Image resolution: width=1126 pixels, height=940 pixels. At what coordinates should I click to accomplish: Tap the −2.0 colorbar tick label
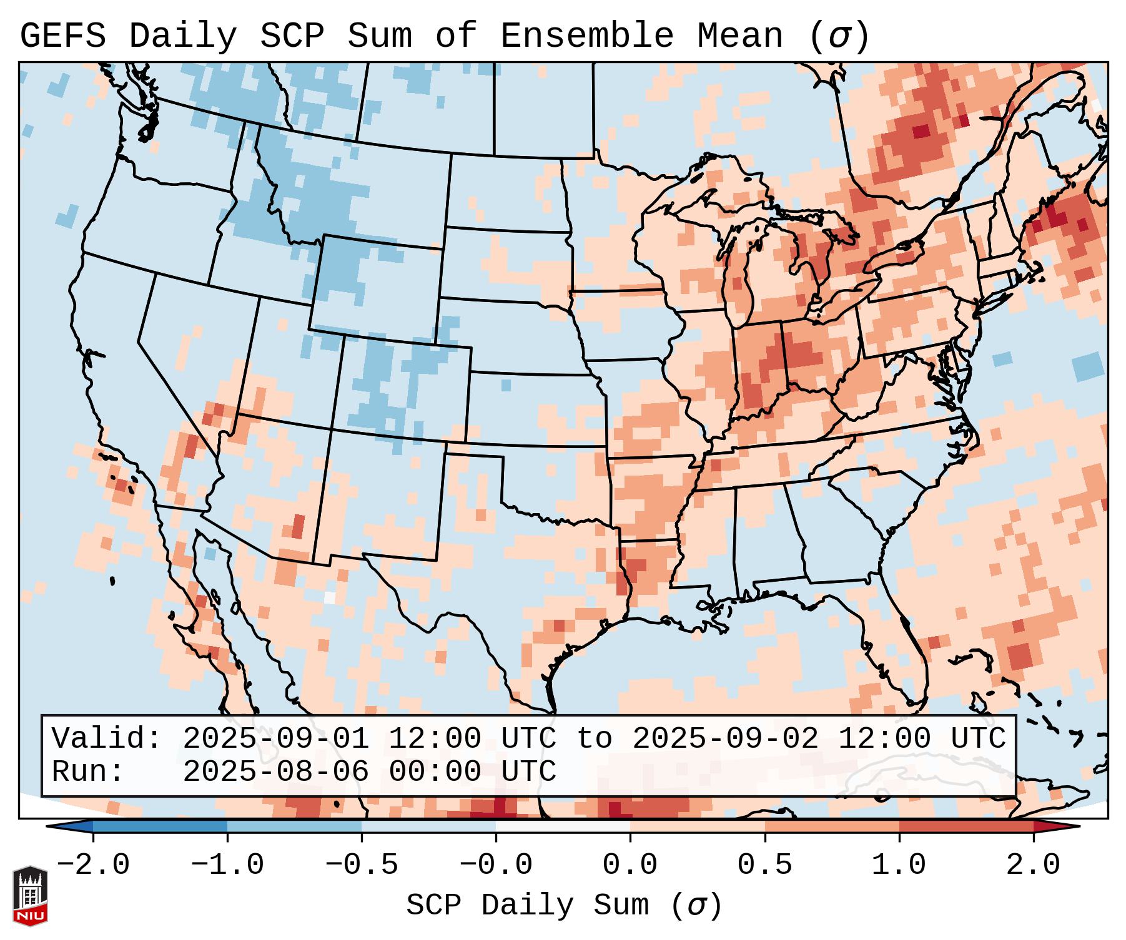pyautogui.click(x=93, y=865)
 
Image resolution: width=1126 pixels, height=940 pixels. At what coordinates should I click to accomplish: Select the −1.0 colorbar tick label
pyautogui.click(x=227, y=865)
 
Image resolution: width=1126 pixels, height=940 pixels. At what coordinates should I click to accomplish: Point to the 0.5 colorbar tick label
pyautogui.click(x=765, y=865)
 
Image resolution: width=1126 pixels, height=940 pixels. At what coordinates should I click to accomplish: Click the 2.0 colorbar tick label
pyautogui.click(x=1034, y=865)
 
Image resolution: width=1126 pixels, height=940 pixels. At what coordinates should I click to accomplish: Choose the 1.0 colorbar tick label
pyautogui.click(x=899, y=865)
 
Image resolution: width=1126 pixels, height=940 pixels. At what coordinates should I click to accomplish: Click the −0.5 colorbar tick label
pyautogui.click(x=362, y=865)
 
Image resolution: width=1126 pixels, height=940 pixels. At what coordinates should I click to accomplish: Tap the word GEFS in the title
pyautogui.click(x=62, y=36)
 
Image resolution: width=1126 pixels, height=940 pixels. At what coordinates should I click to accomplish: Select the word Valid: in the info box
pyautogui.click(x=107, y=738)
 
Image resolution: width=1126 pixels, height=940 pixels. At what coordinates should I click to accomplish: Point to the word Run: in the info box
pyautogui.click(x=88, y=771)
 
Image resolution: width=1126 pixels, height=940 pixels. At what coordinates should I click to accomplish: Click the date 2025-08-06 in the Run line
pyautogui.click(x=275, y=771)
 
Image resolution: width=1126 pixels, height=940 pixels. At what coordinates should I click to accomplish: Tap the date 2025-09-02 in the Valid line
pyautogui.click(x=725, y=738)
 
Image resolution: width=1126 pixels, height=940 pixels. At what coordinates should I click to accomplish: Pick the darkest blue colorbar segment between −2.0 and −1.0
pyautogui.click(x=160, y=827)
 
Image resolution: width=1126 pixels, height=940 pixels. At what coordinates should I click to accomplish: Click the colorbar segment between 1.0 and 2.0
pyautogui.click(x=966, y=827)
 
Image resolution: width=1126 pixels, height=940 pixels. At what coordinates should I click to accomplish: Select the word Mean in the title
pyautogui.click(x=740, y=36)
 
